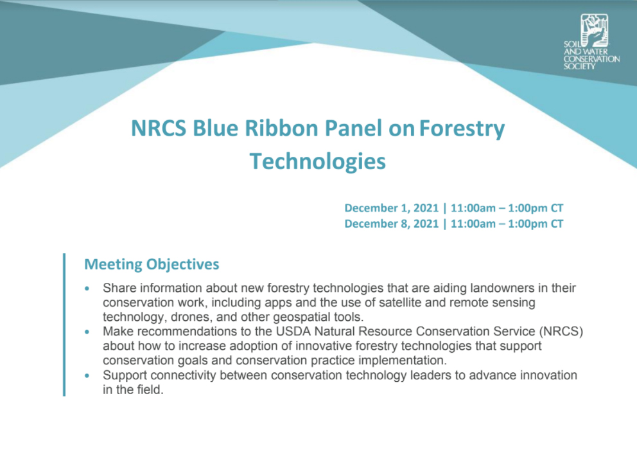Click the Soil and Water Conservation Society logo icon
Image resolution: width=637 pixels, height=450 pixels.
click(x=595, y=30)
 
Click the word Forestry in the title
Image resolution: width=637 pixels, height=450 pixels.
click(x=462, y=128)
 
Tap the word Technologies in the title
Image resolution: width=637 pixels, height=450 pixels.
click(x=318, y=161)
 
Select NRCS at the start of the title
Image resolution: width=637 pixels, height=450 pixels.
click(x=159, y=128)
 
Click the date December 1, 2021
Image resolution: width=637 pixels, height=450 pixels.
click(x=392, y=208)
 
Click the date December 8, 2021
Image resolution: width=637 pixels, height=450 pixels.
click(x=392, y=224)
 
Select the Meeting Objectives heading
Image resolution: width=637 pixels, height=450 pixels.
click(x=152, y=264)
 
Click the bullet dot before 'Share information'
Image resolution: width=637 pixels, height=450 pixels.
click(x=87, y=289)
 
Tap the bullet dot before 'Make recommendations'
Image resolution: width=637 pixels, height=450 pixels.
click(x=87, y=332)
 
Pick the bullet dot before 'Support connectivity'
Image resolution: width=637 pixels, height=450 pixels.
click(x=87, y=375)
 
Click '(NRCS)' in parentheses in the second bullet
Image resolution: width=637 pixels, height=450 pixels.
click(x=561, y=331)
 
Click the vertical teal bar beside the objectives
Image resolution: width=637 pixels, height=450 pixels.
click(x=64, y=325)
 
